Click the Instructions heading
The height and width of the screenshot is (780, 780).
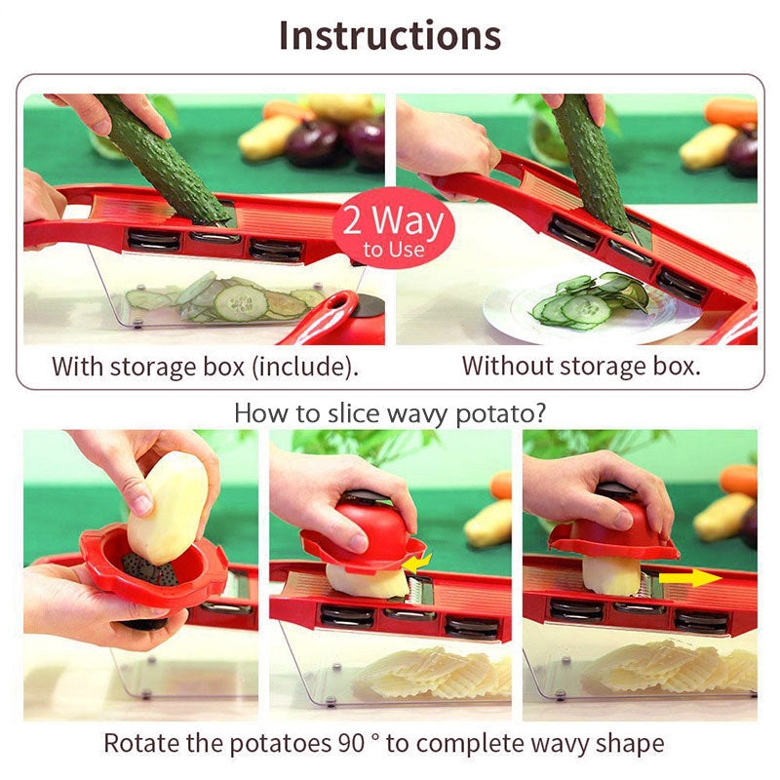390,35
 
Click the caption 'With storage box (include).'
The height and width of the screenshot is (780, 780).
206,367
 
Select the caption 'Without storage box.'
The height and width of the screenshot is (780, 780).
581,367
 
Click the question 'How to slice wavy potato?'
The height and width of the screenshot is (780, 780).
390,412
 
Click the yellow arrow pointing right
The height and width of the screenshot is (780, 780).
689,578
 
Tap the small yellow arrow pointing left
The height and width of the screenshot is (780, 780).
418,564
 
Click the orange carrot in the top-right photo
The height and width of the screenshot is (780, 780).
731,112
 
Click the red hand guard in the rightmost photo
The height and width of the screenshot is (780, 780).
614,531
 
